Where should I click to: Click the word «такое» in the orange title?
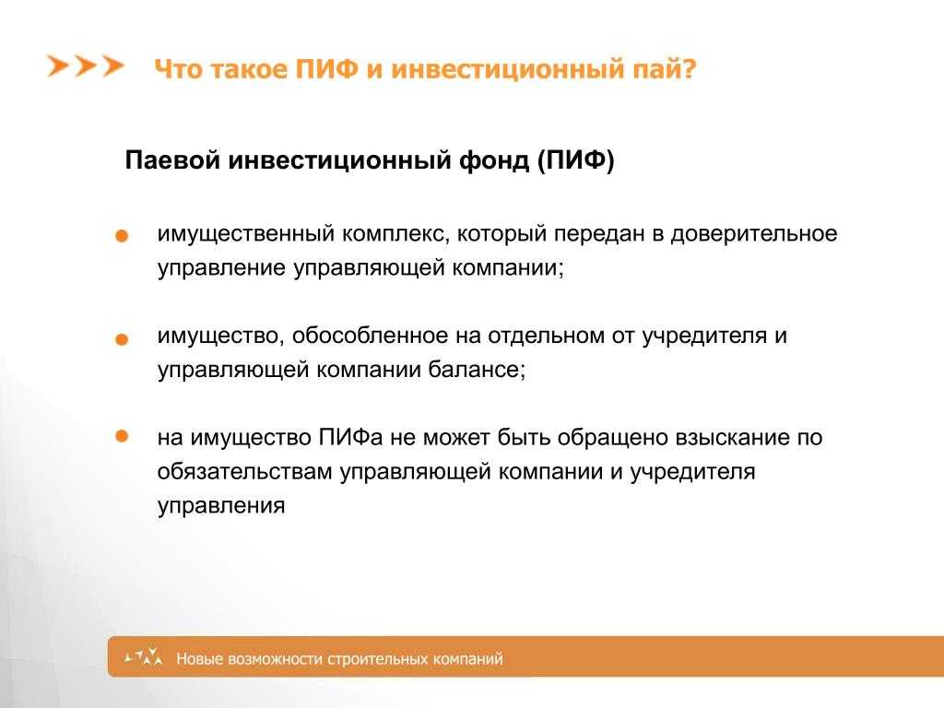pyautogui.click(x=247, y=69)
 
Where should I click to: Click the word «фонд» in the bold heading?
pyautogui.click(x=494, y=160)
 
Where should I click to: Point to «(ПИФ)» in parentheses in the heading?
pyautogui.click(x=575, y=160)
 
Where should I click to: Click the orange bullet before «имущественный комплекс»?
pyautogui.click(x=122, y=236)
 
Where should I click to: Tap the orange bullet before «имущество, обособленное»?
pyautogui.click(x=122, y=340)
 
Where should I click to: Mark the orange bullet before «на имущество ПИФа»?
pyautogui.click(x=122, y=436)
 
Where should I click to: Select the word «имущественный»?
pyautogui.click(x=245, y=234)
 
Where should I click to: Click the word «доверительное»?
pyautogui.click(x=754, y=233)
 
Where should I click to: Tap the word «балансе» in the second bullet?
pyautogui.click(x=477, y=369)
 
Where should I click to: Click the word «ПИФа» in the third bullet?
pyautogui.click(x=350, y=437)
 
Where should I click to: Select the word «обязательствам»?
pyautogui.click(x=244, y=471)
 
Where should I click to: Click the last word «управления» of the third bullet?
pyautogui.click(x=221, y=506)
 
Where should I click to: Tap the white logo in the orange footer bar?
pyautogui.click(x=144, y=656)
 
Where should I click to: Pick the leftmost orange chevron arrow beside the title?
pyautogui.click(x=58, y=66)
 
